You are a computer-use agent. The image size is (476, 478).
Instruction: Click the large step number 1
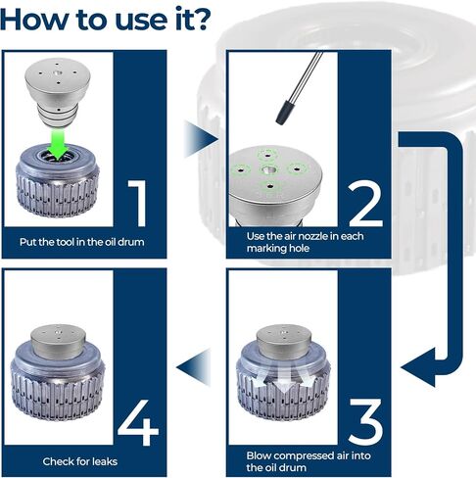point(138,203)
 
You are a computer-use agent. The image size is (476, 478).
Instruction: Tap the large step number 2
point(365,204)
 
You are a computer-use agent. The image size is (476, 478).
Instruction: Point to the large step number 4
point(138,422)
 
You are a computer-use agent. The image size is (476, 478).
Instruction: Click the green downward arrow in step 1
point(58,144)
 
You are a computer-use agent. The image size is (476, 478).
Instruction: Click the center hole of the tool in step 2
point(268,169)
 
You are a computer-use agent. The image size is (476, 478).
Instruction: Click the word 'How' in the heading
point(36,20)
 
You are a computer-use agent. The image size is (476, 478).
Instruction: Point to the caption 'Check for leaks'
point(80,461)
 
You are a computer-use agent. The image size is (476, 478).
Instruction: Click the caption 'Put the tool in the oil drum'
point(81,242)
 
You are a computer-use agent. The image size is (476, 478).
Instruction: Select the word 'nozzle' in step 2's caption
point(311,236)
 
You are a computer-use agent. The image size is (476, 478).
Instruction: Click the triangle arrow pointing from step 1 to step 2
point(201,139)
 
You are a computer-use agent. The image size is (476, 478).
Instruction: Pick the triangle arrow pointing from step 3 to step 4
point(193,367)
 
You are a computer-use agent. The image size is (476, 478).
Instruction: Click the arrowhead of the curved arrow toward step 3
point(418,367)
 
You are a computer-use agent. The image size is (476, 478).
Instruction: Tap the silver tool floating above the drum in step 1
point(58,93)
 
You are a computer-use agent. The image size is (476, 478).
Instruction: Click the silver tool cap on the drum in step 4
point(59,342)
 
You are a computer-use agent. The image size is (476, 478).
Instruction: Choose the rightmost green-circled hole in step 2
point(297,168)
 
